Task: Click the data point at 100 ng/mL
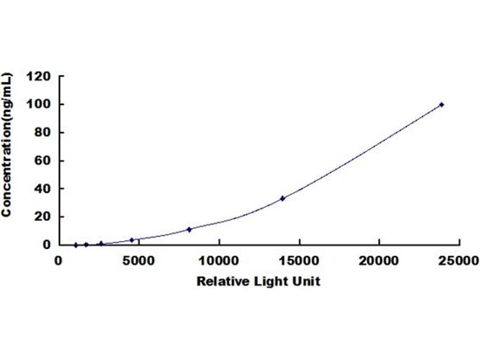click(442, 104)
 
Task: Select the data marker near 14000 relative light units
click(283, 199)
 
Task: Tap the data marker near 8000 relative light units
click(189, 230)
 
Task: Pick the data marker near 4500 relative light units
click(132, 240)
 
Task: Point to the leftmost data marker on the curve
click(76, 245)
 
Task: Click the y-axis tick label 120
click(38, 76)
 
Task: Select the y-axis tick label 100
click(38, 104)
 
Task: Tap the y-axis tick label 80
click(42, 132)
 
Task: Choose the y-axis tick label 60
click(42, 160)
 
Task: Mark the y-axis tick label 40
click(42, 188)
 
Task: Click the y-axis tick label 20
click(42, 217)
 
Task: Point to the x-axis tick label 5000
click(139, 261)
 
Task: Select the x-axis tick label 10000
click(219, 261)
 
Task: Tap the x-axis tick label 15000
click(299, 261)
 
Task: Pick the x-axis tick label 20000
click(379, 261)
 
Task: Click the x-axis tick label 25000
click(458, 261)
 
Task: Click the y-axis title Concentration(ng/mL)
click(7, 145)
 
